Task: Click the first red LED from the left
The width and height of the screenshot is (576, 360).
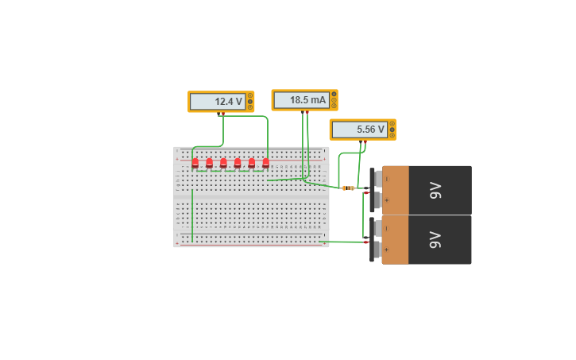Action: click(195, 162)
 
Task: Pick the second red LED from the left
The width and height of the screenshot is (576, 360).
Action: click(210, 162)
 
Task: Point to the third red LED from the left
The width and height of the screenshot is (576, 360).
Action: click(223, 162)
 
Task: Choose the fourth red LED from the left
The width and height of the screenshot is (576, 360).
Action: click(238, 162)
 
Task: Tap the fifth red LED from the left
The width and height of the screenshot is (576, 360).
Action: click(252, 162)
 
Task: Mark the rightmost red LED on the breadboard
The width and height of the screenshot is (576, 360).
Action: click(266, 162)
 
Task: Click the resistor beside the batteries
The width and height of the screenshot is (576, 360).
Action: click(348, 188)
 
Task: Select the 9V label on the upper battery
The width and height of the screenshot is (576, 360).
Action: click(435, 190)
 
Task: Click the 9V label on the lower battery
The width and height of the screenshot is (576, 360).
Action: click(435, 239)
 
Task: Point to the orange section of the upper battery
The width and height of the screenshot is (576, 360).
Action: click(396, 190)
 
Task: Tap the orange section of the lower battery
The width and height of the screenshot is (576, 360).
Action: click(396, 239)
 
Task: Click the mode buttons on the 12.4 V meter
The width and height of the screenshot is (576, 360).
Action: click(250, 102)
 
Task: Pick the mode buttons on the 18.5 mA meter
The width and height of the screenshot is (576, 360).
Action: click(334, 100)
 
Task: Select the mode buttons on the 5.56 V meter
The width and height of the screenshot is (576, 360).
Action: click(392, 130)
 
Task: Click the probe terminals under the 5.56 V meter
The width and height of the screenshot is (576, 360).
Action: click(362, 143)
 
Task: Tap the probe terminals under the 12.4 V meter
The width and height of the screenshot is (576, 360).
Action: click(221, 114)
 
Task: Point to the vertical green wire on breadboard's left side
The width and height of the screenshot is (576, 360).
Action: click(192, 215)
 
